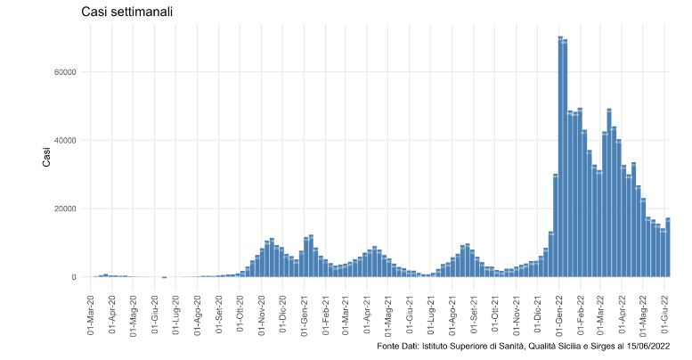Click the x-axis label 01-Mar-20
(92, 311)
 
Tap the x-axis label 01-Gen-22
(558, 311)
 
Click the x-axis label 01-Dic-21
(536, 311)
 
